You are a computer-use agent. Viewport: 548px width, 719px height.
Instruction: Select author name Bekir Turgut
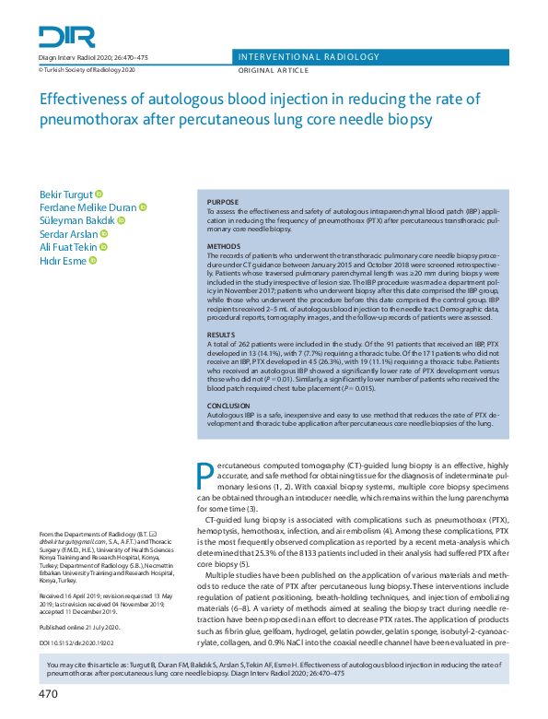coord(65,194)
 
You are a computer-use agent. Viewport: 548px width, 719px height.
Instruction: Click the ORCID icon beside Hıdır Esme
coord(96,261)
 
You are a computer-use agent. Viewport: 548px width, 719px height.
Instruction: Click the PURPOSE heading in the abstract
coord(222,202)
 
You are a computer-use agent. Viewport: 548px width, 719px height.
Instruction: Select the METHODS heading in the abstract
coord(222,247)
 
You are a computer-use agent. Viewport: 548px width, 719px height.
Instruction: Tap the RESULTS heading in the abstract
coord(221,336)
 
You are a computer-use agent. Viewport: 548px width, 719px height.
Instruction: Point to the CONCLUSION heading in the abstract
coord(228,405)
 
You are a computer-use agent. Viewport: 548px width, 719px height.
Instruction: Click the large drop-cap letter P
coord(207,473)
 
